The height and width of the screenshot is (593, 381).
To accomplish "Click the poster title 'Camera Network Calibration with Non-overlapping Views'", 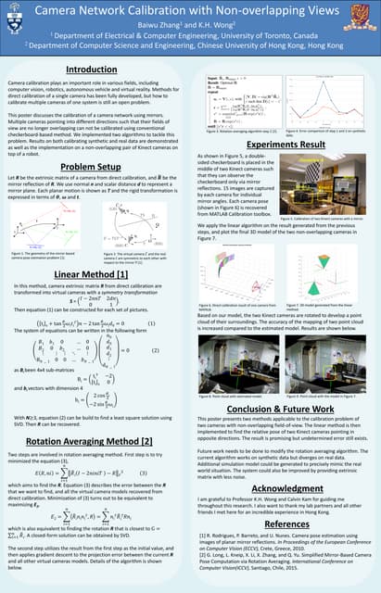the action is coord(189,11).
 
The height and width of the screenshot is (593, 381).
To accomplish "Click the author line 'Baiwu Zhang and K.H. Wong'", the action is coord(190,27).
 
